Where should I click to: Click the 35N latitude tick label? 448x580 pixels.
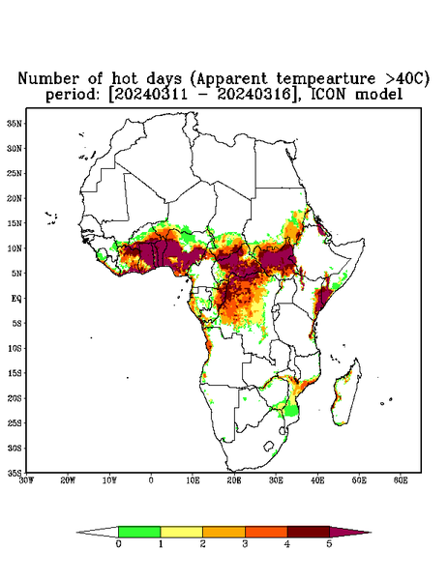point(15,124)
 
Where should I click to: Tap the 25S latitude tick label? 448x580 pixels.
point(15,422)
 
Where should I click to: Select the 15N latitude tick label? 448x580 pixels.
point(15,223)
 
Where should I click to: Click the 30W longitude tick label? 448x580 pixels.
point(26,480)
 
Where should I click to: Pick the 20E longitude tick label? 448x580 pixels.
point(234,480)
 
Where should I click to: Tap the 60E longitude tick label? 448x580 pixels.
point(401,480)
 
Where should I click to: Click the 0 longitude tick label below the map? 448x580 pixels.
point(151,480)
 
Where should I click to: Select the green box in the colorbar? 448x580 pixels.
point(139,532)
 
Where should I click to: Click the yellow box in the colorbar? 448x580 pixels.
point(181,532)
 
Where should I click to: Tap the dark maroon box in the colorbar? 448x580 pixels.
point(309,532)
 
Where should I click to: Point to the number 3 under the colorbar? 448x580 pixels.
point(245,544)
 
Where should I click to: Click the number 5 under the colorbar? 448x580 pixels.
point(329,544)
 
